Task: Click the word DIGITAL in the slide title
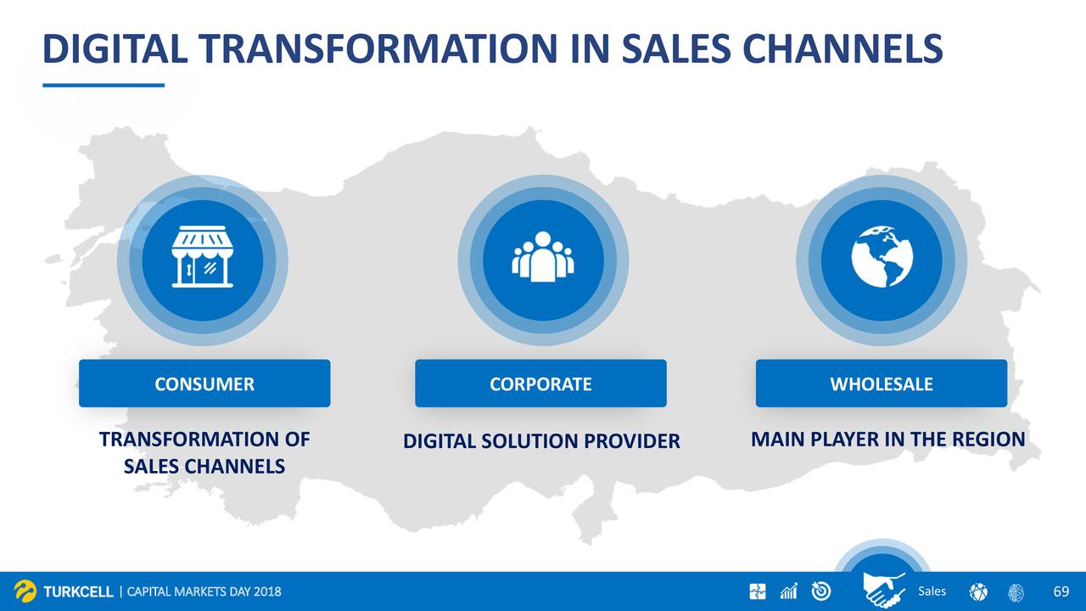pos(115,48)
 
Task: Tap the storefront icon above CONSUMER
pos(202,256)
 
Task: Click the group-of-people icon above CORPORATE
pos(543,256)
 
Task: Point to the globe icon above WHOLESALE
pos(882,256)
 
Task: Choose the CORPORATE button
pos(540,383)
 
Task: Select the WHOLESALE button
pos(882,383)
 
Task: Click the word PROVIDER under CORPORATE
pos(632,440)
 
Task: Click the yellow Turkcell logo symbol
pos(25,591)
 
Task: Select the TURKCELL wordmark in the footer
pos(78,591)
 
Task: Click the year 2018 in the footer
pos(267,591)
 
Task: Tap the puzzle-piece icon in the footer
pos(758,591)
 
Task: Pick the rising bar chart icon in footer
pos(789,591)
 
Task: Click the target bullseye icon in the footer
pos(820,591)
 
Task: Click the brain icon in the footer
pos(1016,592)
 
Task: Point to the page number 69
pos(1061,591)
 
